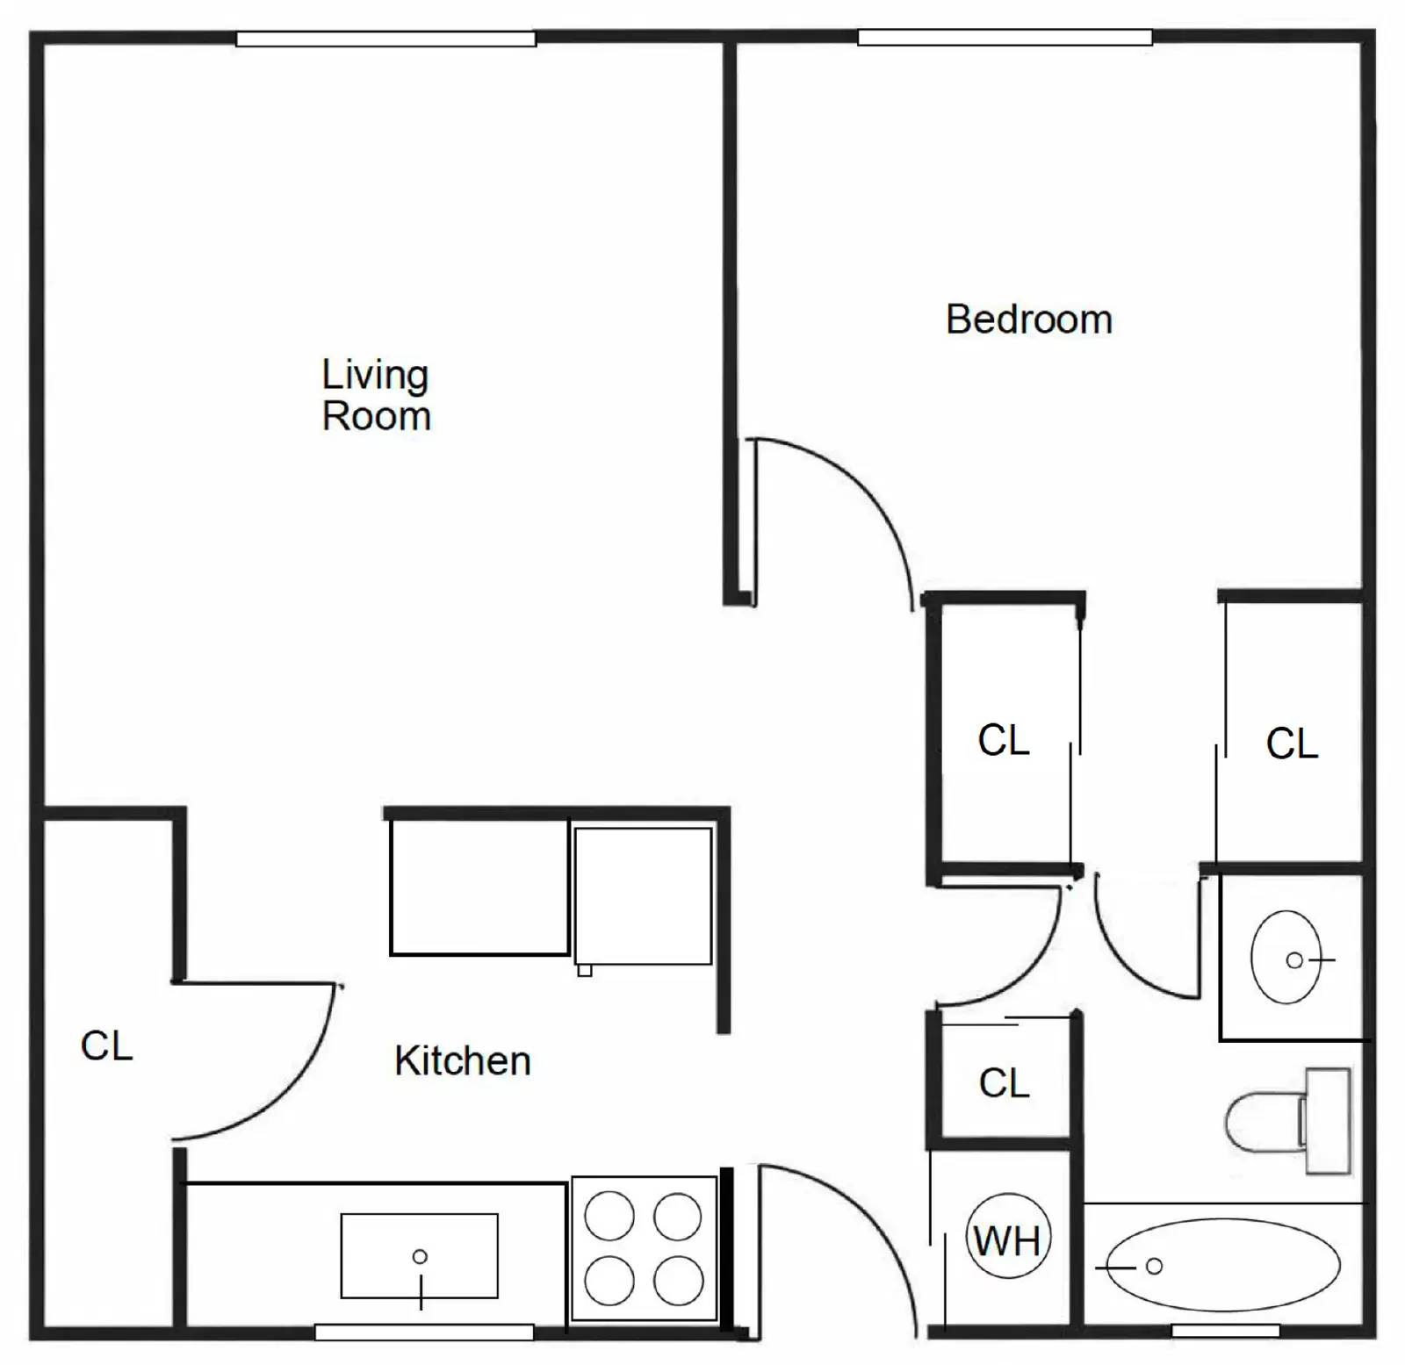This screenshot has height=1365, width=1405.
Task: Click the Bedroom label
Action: [1028, 320]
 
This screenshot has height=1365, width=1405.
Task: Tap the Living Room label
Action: [376, 395]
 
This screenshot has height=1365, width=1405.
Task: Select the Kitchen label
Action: [462, 1060]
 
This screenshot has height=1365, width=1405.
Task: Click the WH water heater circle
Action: [1007, 1239]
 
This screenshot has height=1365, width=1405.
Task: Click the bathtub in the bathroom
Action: [1222, 1265]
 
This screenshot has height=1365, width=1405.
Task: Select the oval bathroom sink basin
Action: [1286, 957]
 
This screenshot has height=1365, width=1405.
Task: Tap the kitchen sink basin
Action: [419, 1255]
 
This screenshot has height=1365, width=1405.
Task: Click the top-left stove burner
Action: [609, 1216]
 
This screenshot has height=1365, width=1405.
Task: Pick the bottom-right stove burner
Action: [678, 1280]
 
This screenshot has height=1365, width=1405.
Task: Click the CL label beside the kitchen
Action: [106, 1045]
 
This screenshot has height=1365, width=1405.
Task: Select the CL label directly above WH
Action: [1004, 1083]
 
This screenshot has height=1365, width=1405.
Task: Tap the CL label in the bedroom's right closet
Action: [1291, 744]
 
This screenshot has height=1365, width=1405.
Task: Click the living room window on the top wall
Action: [385, 39]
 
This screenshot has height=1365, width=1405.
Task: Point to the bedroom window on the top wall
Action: [1005, 38]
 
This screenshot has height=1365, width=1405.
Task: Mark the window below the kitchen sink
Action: [424, 1333]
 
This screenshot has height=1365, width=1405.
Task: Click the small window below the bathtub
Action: [1225, 1331]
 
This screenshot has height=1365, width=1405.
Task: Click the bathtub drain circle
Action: [1155, 1266]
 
